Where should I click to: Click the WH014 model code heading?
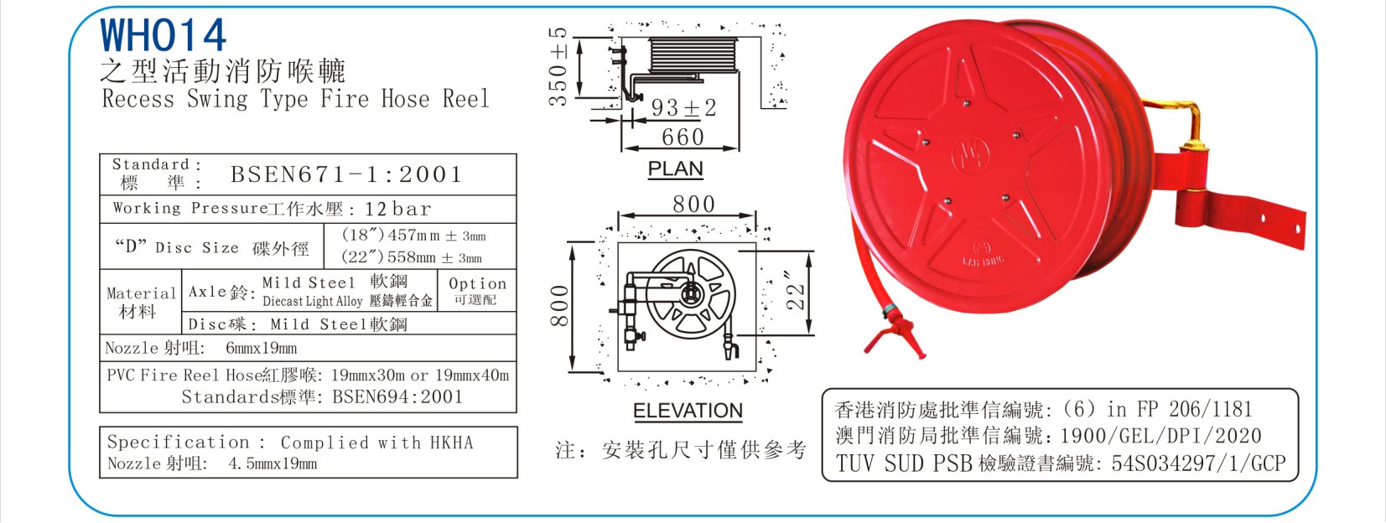pyautogui.click(x=164, y=34)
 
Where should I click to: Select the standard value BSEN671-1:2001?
pyautogui.click(x=346, y=175)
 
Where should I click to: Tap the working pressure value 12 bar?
pyautogui.click(x=397, y=209)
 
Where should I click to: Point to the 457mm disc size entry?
pyautogui.click(x=413, y=236)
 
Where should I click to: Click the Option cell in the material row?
pyautogui.click(x=477, y=291)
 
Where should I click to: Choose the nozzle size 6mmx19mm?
pyautogui.click(x=261, y=348)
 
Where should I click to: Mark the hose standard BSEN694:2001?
pyautogui.click(x=397, y=397)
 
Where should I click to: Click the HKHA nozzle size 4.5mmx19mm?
pyautogui.click(x=273, y=463)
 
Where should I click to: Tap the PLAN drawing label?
pyautogui.click(x=676, y=168)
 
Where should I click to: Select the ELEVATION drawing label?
pyautogui.click(x=688, y=411)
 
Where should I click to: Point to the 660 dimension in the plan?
pyautogui.click(x=683, y=137)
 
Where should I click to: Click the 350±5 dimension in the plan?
pyautogui.click(x=558, y=67)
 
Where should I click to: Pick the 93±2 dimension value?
pyautogui.click(x=683, y=107)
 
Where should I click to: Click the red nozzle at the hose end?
pyautogui.click(x=895, y=335)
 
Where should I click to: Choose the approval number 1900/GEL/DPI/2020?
pyautogui.click(x=1160, y=436)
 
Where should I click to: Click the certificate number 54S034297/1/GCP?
pyautogui.click(x=1198, y=463)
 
